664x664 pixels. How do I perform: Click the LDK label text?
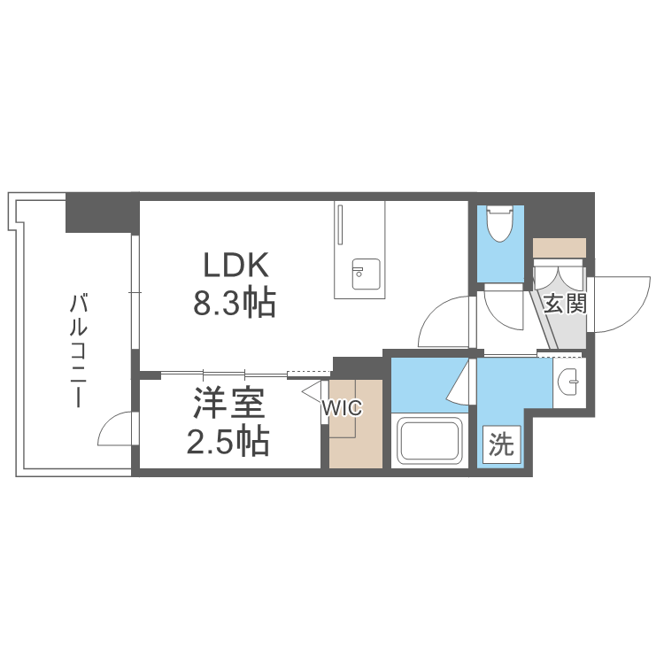[x=235, y=265]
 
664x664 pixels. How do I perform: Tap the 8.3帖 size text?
[x=235, y=303]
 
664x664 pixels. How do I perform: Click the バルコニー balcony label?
[x=78, y=351]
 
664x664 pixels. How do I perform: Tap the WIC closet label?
[x=342, y=408]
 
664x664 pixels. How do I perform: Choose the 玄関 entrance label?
[x=565, y=303]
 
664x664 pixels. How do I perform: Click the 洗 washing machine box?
[x=501, y=444]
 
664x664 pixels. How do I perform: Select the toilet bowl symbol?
[x=499, y=223]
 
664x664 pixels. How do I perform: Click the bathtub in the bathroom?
[x=429, y=440]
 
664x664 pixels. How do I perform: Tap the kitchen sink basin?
[x=366, y=274]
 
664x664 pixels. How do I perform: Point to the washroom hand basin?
[x=568, y=382]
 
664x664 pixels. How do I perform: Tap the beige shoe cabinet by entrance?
[x=559, y=248]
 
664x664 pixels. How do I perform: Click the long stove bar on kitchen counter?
[x=340, y=225]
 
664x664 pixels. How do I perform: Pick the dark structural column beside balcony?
[x=103, y=212]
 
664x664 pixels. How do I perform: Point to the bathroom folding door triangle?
[x=458, y=381]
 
